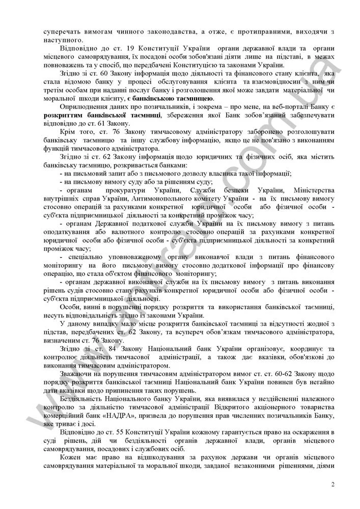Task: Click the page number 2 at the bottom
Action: (x=333, y=484)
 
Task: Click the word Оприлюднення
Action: (x=84, y=107)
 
